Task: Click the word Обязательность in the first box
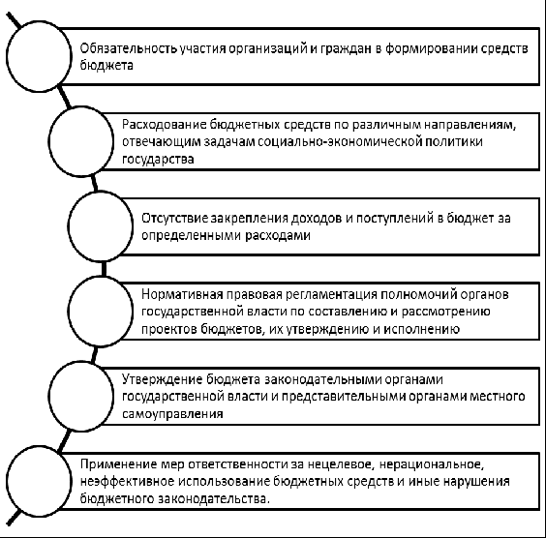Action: click(x=128, y=48)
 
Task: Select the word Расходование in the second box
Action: click(x=164, y=125)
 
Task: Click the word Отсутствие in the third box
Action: click(x=174, y=219)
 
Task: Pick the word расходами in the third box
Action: click(x=278, y=235)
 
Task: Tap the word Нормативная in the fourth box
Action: click(x=182, y=294)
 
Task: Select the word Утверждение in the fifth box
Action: click(x=162, y=379)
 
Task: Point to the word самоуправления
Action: click(x=172, y=414)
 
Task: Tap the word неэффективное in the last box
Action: click(x=127, y=482)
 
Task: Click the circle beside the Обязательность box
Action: click(x=7, y=56)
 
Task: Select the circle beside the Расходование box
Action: click(x=48, y=141)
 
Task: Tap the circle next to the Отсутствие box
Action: click(x=68, y=226)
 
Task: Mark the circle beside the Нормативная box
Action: click(x=68, y=312)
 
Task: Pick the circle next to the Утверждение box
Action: click(x=48, y=396)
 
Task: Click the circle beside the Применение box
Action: click(x=7, y=481)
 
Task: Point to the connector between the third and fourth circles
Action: click(x=104, y=269)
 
